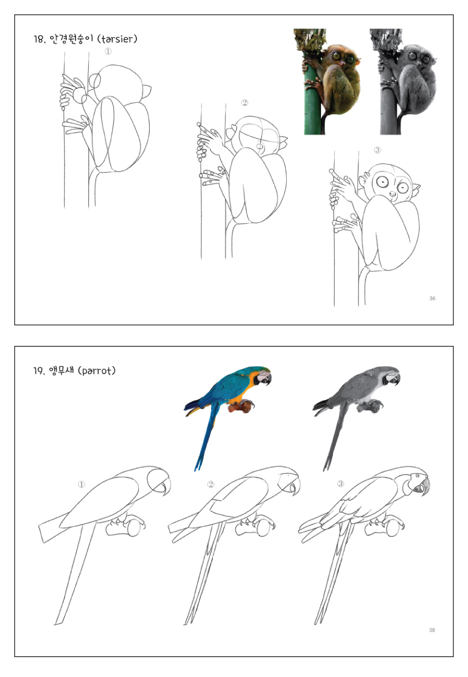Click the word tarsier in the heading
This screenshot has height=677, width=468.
pyautogui.click(x=117, y=39)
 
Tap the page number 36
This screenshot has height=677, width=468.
pyautogui.click(x=432, y=298)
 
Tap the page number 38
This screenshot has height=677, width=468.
pyautogui.click(x=432, y=630)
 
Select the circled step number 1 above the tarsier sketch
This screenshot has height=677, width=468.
pyautogui.click(x=108, y=51)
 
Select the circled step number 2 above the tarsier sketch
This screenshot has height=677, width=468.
pyautogui.click(x=245, y=103)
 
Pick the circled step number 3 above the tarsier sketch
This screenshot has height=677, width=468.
pyautogui.click(x=377, y=150)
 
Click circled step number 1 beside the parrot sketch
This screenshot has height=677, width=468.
pyautogui.click(x=81, y=484)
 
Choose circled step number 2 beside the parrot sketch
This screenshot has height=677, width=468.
pyautogui.click(x=211, y=484)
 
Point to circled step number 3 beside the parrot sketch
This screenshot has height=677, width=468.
pyautogui.click(x=340, y=484)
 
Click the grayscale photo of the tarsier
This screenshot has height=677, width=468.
pyautogui.click(x=404, y=82)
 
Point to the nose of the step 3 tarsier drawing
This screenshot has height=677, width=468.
pyautogui.click(x=392, y=194)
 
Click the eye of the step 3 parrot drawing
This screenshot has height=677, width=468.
pyautogui.click(x=418, y=476)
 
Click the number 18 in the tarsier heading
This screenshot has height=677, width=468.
pyautogui.click(x=39, y=39)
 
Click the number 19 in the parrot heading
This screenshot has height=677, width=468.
pyautogui.click(x=39, y=371)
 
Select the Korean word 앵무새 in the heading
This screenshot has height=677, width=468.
pyautogui.click(x=61, y=371)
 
